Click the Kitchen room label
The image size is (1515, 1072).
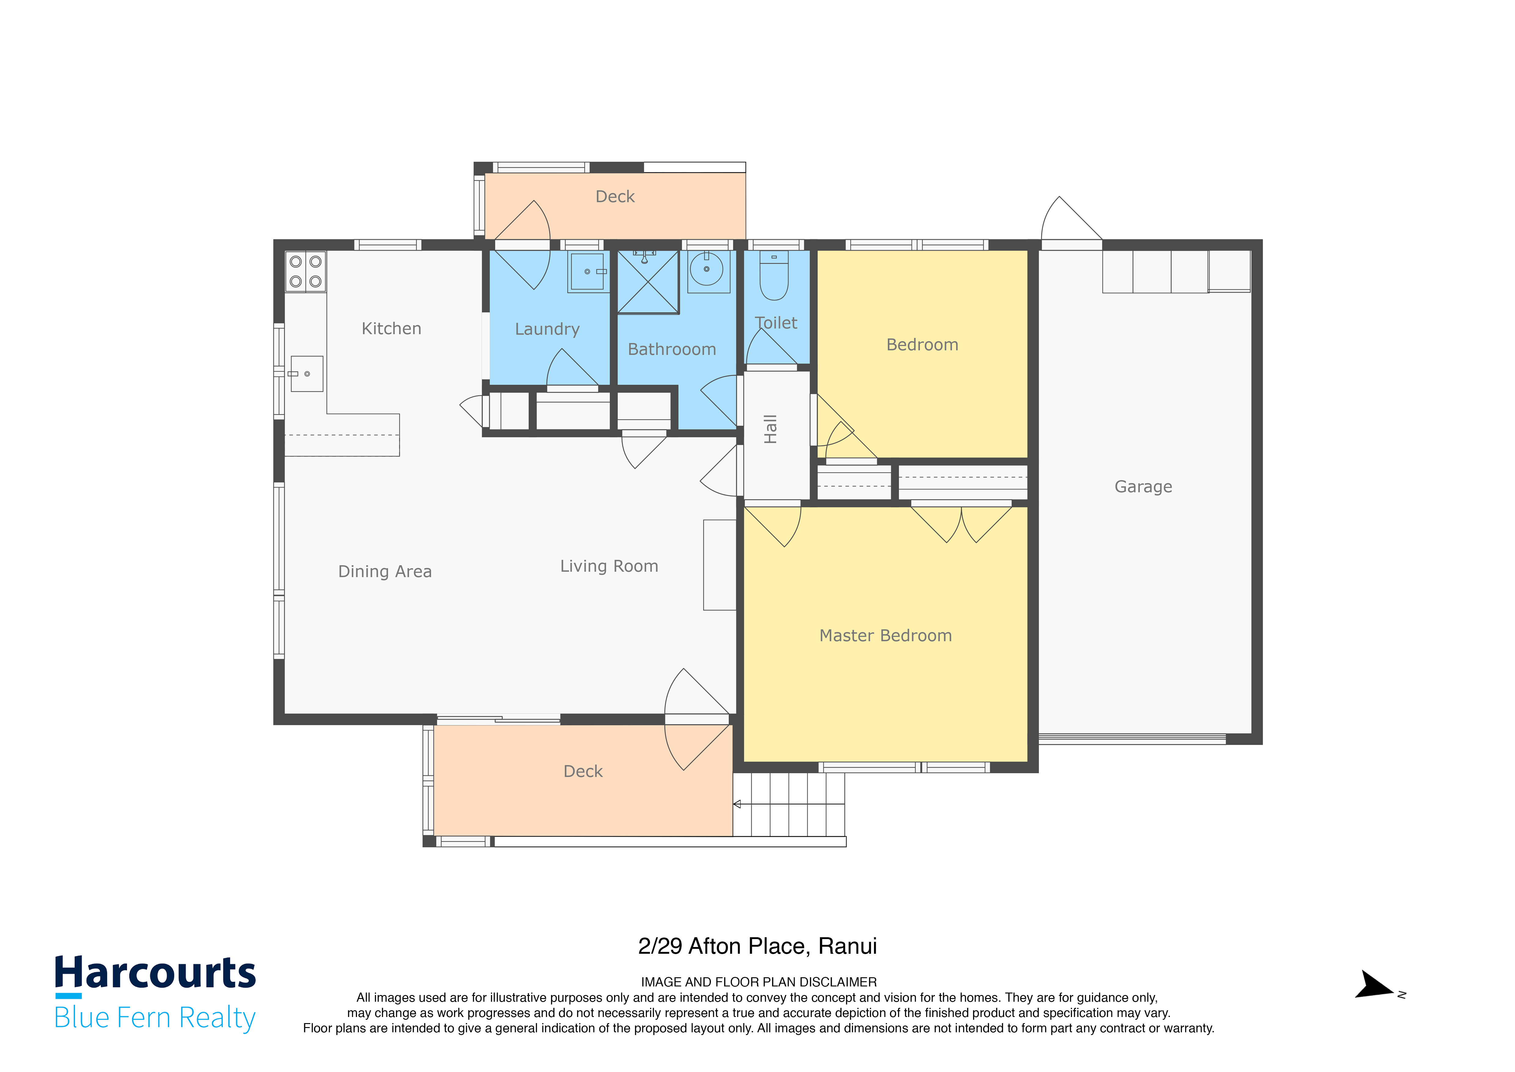(x=391, y=329)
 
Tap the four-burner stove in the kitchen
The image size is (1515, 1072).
(x=305, y=271)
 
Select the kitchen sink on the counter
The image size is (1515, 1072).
(x=307, y=374)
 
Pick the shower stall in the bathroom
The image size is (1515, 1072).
(x=648, y=282)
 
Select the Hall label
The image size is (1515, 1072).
(x=770, y=429)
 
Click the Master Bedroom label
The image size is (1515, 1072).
(x=886, y=636)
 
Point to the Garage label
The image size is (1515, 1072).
(x=1144, y=486)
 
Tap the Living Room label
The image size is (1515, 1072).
(x=609, y=566)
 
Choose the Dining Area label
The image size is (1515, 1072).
(x=385, y=572)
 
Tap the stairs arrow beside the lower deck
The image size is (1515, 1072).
(x=737, y=804)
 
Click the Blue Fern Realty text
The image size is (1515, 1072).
(x=155, y=1017)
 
